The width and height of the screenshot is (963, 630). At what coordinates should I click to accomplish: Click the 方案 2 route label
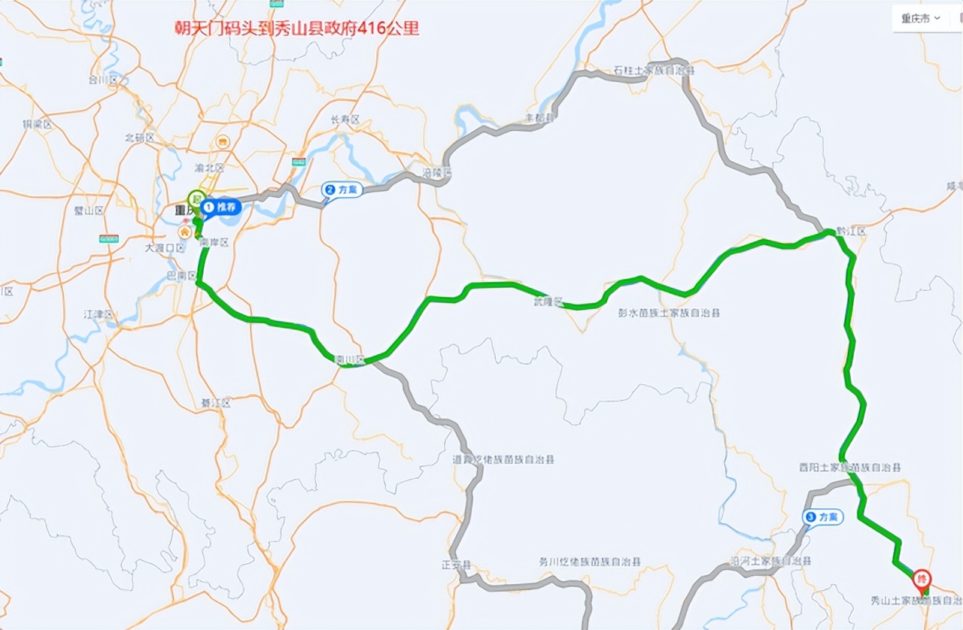pyautogui.click(x=343, y=189)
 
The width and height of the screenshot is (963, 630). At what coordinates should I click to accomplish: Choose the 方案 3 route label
pyautogui.click(x=823, y=517)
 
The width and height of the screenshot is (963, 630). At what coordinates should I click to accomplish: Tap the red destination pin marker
pyautogui.click(x=922, y=580)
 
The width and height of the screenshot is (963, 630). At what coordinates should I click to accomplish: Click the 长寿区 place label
pyautogui.click(x=345, y=120)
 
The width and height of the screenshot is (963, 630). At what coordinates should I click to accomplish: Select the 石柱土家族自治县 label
pyautogui.click(x=653, y=71)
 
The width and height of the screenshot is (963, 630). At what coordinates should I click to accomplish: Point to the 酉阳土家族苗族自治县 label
pyautogui.click(x=849, y=467)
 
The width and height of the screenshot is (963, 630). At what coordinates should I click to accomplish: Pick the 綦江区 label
pyautogui.click(x=215, y=404)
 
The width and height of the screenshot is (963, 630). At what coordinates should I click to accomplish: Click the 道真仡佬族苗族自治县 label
pyautogui.click(x=503, y=459)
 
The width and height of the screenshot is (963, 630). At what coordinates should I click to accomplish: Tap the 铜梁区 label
pyautogui.click(x=37, y=125)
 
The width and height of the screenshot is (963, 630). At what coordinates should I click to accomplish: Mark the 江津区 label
pyautogui.click(x=99, y=313)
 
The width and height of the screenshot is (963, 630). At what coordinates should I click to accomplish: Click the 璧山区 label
pyautogui.click(x=88, y=211)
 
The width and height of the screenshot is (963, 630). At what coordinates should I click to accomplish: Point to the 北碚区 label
pyautogui.click(x=139, y=138)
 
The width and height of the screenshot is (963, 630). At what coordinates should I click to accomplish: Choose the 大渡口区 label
pyautogui.click(x=165, y=247)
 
